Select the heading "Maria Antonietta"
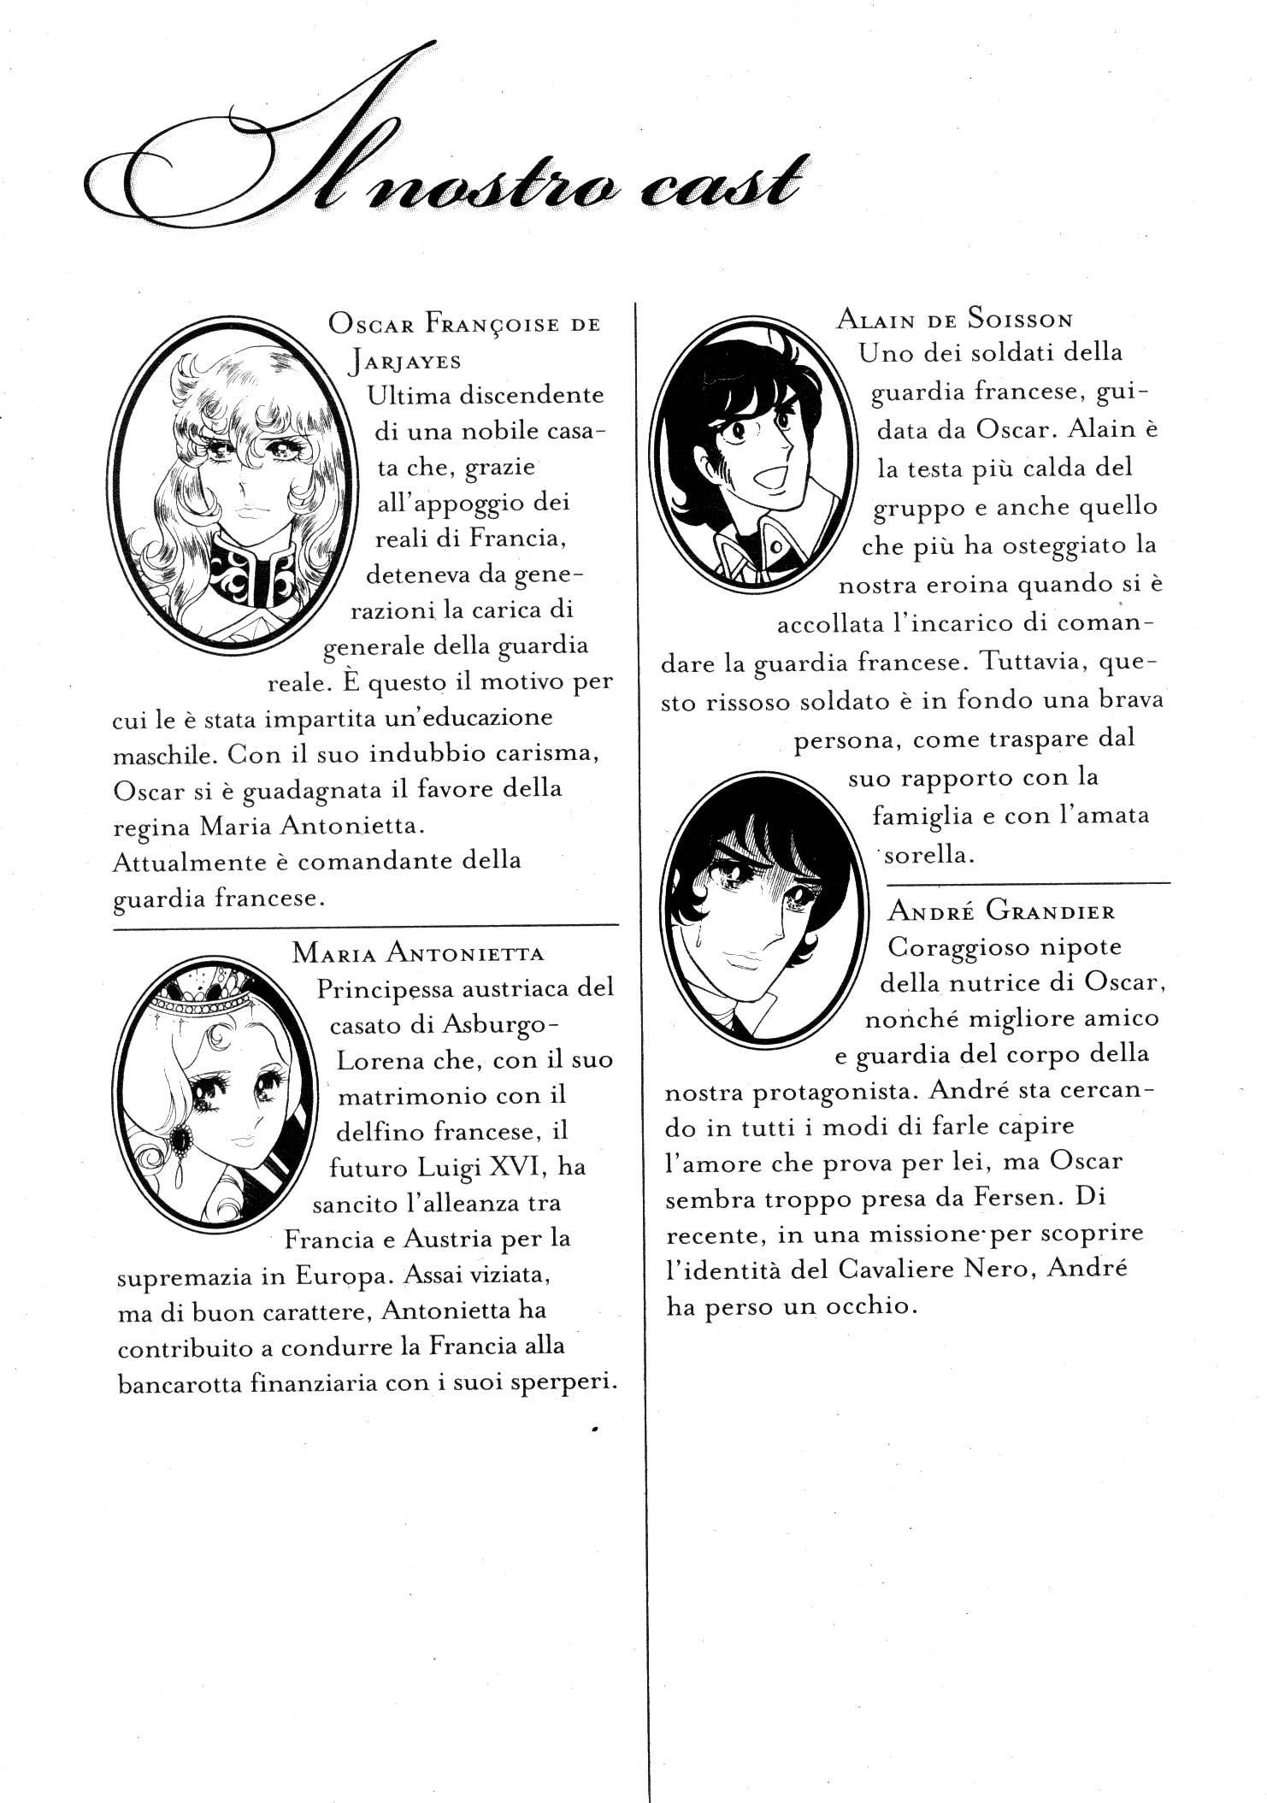point(418,952)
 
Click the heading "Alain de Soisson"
point(954,320)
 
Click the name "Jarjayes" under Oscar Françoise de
point(404,361)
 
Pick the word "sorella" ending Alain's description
point(934,855)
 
